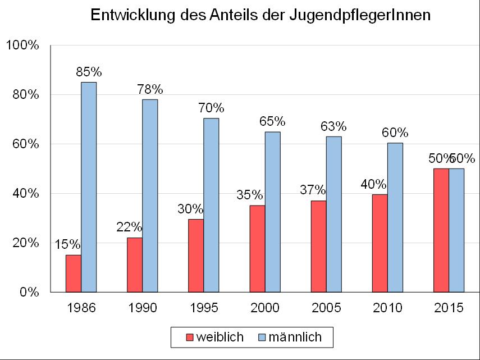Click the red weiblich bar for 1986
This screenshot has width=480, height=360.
click(x=74, y=274)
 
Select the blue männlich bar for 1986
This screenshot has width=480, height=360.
click(x=89, y=187)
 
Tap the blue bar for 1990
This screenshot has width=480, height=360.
click(x=150, y=195)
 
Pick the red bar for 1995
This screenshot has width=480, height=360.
click(x=196, y=256)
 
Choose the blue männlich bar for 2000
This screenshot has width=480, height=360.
click(x=273, y=212)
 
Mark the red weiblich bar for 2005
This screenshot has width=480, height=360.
click(x=319, y=247)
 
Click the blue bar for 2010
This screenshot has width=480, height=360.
click(x=395, y=217)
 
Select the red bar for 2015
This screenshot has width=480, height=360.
click(x=441, y=230)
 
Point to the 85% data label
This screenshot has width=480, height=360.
click(x=89, y=72)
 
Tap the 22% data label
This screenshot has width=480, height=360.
click(x=129, y=227)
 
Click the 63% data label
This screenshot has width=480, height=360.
click(x=333, y=126)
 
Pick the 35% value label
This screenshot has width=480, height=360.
click(x=249, y=195)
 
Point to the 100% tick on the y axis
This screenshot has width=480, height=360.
click(x=22, y=45)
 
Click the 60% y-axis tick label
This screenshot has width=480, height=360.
click(x=26, y=144)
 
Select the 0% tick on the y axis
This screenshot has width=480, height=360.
click(x=29, y=292)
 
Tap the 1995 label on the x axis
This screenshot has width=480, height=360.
click(x=204, y=308)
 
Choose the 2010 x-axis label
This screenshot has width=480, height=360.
click(x=387, y=308)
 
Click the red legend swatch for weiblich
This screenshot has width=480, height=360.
click(x=190, y=338)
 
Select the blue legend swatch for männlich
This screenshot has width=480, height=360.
click(x=262, y=338)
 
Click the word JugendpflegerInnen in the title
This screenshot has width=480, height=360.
click(x=360, y=15)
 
